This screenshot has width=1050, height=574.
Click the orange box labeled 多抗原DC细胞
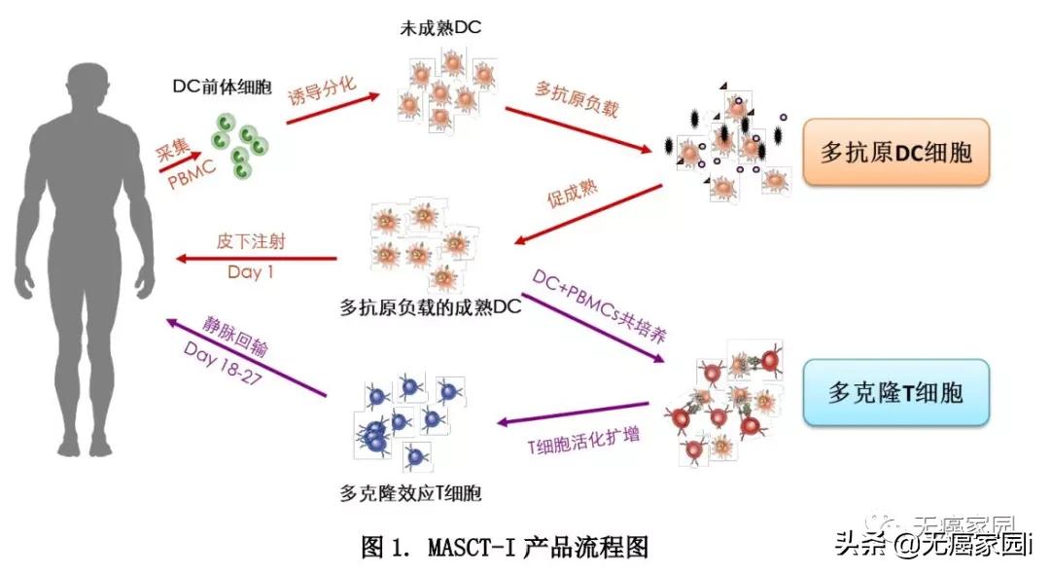click(x=894, y=153)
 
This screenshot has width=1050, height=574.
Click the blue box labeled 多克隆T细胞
click(x=895, y=393)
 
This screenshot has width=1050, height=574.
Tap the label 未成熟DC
click(x=440, y=28)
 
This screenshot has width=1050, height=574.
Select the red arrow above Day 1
click(x=255, y=259)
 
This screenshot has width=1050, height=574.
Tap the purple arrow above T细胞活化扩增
click(x=573, y=413)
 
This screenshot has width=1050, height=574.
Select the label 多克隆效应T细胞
click(x=412, y=493)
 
